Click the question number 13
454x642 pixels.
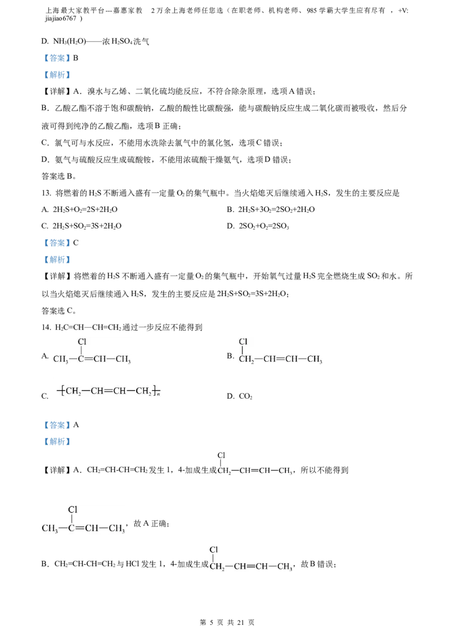click(46, 193)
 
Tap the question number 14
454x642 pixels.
click(46, 327)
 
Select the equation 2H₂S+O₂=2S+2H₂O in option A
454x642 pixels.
click(85, 210)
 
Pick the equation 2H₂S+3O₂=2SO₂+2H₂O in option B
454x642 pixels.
click(276, 210)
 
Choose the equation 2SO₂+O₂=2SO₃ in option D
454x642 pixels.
click(264, 226)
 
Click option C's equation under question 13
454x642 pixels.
click(87, 226)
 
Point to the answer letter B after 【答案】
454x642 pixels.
click(75, 58)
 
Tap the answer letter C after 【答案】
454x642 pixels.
click(76, 243)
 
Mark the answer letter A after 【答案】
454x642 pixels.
click(76, 425)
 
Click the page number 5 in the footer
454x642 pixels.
click(212, 622)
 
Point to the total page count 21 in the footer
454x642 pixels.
click(241, 622)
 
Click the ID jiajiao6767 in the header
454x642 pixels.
click(61, 18)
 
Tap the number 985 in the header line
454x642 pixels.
click(312, 11)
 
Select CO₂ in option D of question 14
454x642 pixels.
click(245, 396)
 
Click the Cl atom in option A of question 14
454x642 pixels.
click(82, 341)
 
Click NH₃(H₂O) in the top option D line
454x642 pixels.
click(70, 41)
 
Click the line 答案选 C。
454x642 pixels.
click(59, 311)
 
